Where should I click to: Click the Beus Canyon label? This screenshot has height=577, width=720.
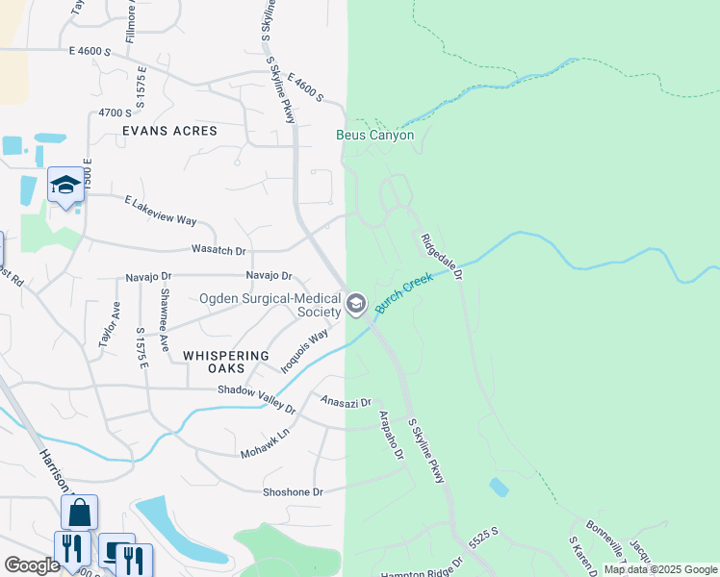coord(374,136)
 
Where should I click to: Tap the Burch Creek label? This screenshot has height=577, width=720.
coord(404,293)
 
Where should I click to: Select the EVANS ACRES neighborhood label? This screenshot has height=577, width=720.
coord(169,131)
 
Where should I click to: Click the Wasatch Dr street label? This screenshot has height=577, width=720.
coord(219,251)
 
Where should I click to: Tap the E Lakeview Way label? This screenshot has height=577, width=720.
coord(160,211)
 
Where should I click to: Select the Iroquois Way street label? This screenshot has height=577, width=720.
coord(304,350)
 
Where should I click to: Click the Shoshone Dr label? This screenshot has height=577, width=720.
coord(293,491)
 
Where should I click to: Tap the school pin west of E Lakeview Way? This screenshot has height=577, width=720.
coord(65,185)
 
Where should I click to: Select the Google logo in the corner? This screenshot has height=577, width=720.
coord(32,565)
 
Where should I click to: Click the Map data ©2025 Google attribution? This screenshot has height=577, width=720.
coord(660,569)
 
